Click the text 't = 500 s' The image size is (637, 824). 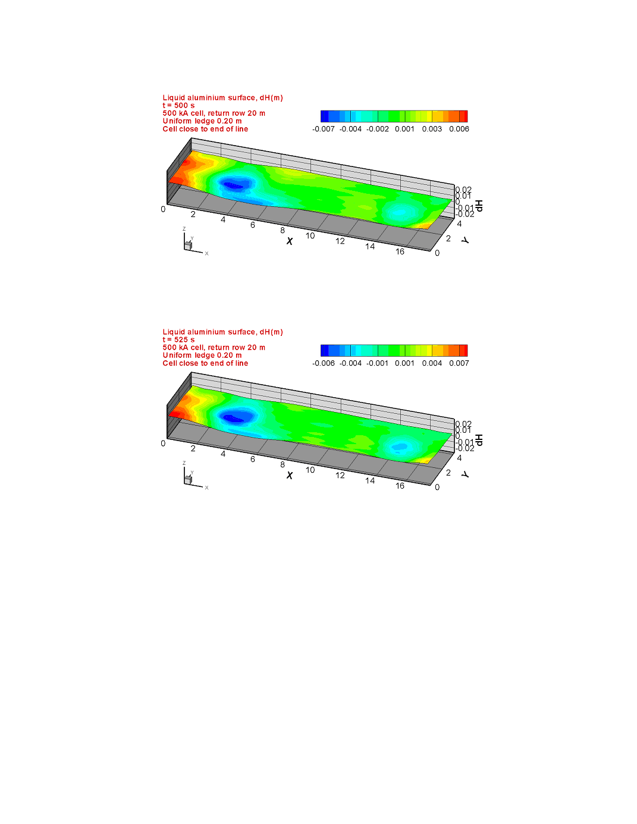pos(178,105)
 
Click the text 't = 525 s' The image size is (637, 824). pos(178,339)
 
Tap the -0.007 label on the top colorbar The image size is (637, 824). pos(323,129)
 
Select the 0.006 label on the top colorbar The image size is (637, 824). pos(459,129)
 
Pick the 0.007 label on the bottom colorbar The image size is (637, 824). pos(459,363)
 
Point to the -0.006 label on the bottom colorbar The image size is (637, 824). pos(323,363)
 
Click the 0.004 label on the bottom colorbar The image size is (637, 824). pos(432,363)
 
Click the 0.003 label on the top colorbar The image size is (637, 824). pos(432,129)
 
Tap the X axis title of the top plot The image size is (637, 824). pos(290,241)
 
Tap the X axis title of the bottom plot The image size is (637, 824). pos(290,476)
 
